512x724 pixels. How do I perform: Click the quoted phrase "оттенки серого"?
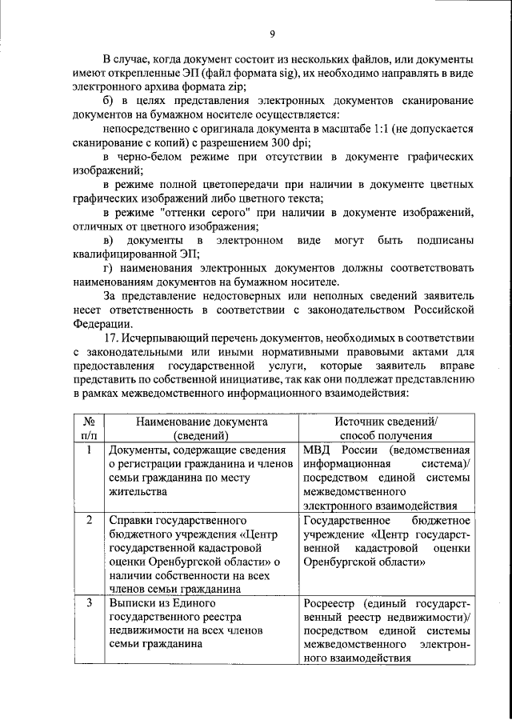click(x=199, y=211)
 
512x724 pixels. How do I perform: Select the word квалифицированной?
click(x=128, y=253)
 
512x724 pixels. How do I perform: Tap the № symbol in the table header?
click(x=90, y=421)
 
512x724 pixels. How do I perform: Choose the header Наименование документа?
click(x=200, y=421)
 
